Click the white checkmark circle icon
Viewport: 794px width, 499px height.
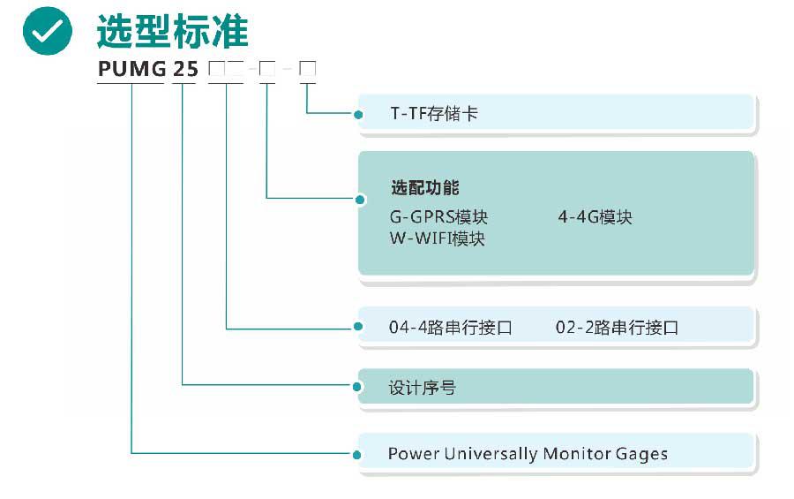click(x=47, y=31)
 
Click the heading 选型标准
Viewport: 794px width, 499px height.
click(x=172, y=32)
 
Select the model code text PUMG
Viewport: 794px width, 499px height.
click(x=131, y=69)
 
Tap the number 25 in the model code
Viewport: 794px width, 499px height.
click(x=184, y=69)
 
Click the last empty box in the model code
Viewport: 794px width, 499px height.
click(x=307, y=69)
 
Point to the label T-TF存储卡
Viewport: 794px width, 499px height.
click(x=434, y=114)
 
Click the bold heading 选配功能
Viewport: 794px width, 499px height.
click(x=424, y=188)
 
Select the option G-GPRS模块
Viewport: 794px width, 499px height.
click(x=438, y=217)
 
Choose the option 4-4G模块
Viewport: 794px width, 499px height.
click(x=595, y=217)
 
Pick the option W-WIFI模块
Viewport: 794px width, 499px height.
click(x=437, y=238)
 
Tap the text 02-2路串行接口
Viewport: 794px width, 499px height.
click(x=617, y=329)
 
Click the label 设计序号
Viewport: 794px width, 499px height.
click(x=422, y=388)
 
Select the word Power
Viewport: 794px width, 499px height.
click(x=413, y=454)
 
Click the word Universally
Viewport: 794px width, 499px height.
click(x=490, y=454)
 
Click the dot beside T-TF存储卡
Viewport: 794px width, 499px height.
click(x=358, y=114)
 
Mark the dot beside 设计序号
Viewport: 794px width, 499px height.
click(x=358, y=387)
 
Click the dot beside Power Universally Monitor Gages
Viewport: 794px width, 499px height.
click(x=358, y=455)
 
